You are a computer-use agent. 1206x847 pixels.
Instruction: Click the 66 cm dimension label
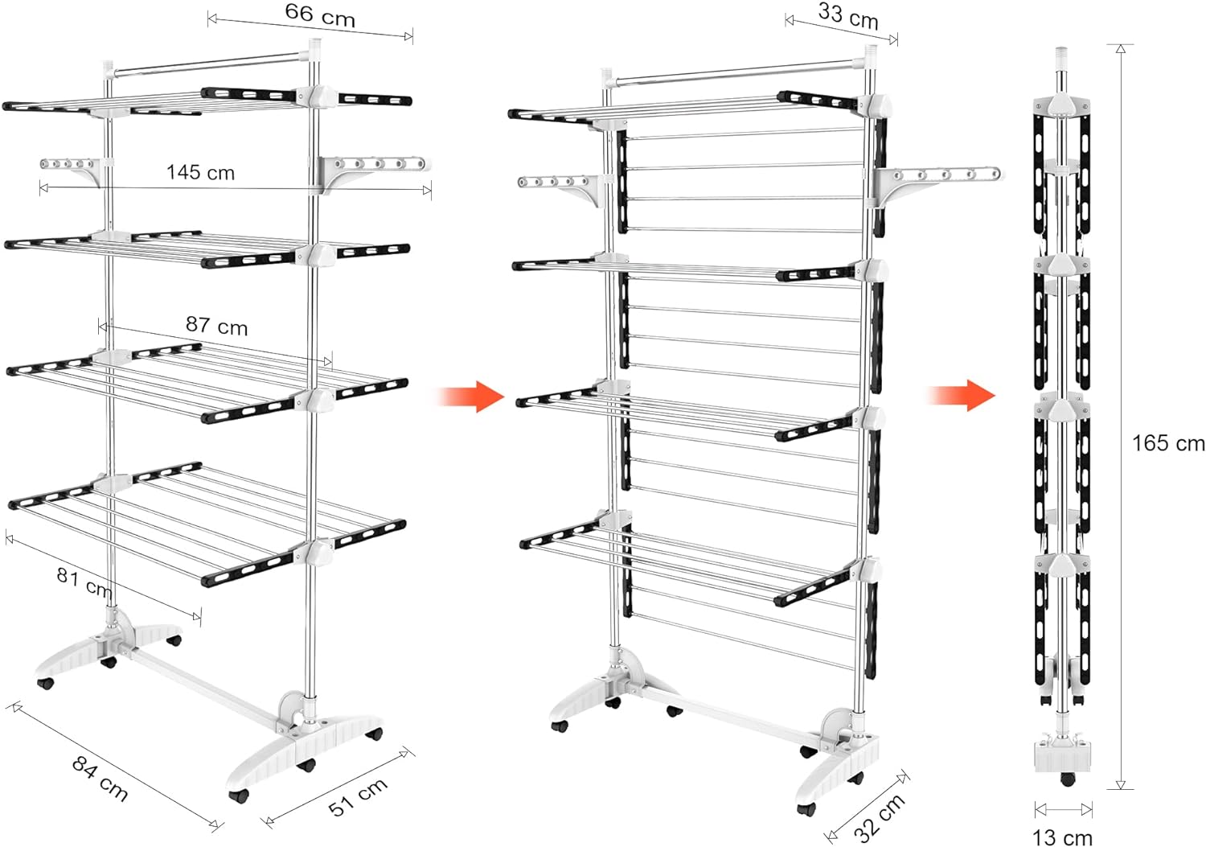pos(320,15)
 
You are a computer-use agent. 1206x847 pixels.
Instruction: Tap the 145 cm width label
pos(200,172)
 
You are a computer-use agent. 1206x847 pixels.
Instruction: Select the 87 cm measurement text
pos(216,325)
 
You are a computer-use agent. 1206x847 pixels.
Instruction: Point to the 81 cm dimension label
pos(84,582)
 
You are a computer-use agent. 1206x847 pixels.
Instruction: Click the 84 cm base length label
pos(100,778)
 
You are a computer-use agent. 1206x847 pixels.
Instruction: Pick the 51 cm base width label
pos(358,796)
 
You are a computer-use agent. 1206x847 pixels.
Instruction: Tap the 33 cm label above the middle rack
pos(848,16)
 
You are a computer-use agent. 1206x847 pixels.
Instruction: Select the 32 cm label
pos(880,817)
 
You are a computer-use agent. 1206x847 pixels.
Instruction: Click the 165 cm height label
pos(1168,443)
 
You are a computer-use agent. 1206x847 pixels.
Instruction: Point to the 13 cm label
pos(1062,837)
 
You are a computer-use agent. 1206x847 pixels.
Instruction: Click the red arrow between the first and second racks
pos(471,397)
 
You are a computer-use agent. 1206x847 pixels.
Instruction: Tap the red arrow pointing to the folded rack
pos(962,396)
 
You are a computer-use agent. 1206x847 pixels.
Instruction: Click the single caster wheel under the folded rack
pos(1067,779)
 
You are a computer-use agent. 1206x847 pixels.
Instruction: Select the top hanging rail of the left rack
pos(207,63)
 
